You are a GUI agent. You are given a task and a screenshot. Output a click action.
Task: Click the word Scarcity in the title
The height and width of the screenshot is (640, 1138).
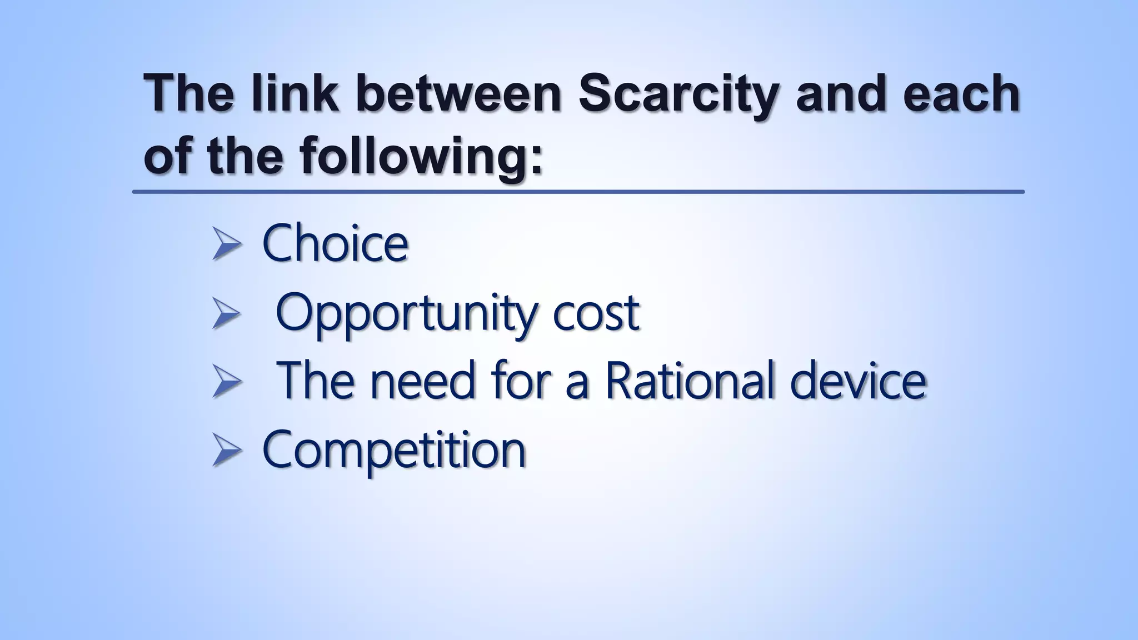click(678, 94)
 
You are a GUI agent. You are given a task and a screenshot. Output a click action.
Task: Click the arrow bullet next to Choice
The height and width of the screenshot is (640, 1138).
click(227, 245)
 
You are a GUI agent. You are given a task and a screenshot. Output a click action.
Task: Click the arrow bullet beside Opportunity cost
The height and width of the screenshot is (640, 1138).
click(227, 314)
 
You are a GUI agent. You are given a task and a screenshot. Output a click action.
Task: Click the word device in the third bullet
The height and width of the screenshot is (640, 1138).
click(858, 381)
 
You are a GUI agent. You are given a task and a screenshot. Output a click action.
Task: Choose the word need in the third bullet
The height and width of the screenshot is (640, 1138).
click(423, 381)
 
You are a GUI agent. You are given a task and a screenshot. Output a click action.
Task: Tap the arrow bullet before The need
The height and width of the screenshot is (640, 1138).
click(227, 382)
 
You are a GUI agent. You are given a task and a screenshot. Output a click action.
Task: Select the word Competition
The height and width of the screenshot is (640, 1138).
click(393, 450)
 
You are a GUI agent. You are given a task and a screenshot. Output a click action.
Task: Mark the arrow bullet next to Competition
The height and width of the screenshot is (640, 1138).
click(227, 451)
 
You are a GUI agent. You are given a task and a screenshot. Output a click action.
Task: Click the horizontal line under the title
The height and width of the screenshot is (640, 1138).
click(578, 192)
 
